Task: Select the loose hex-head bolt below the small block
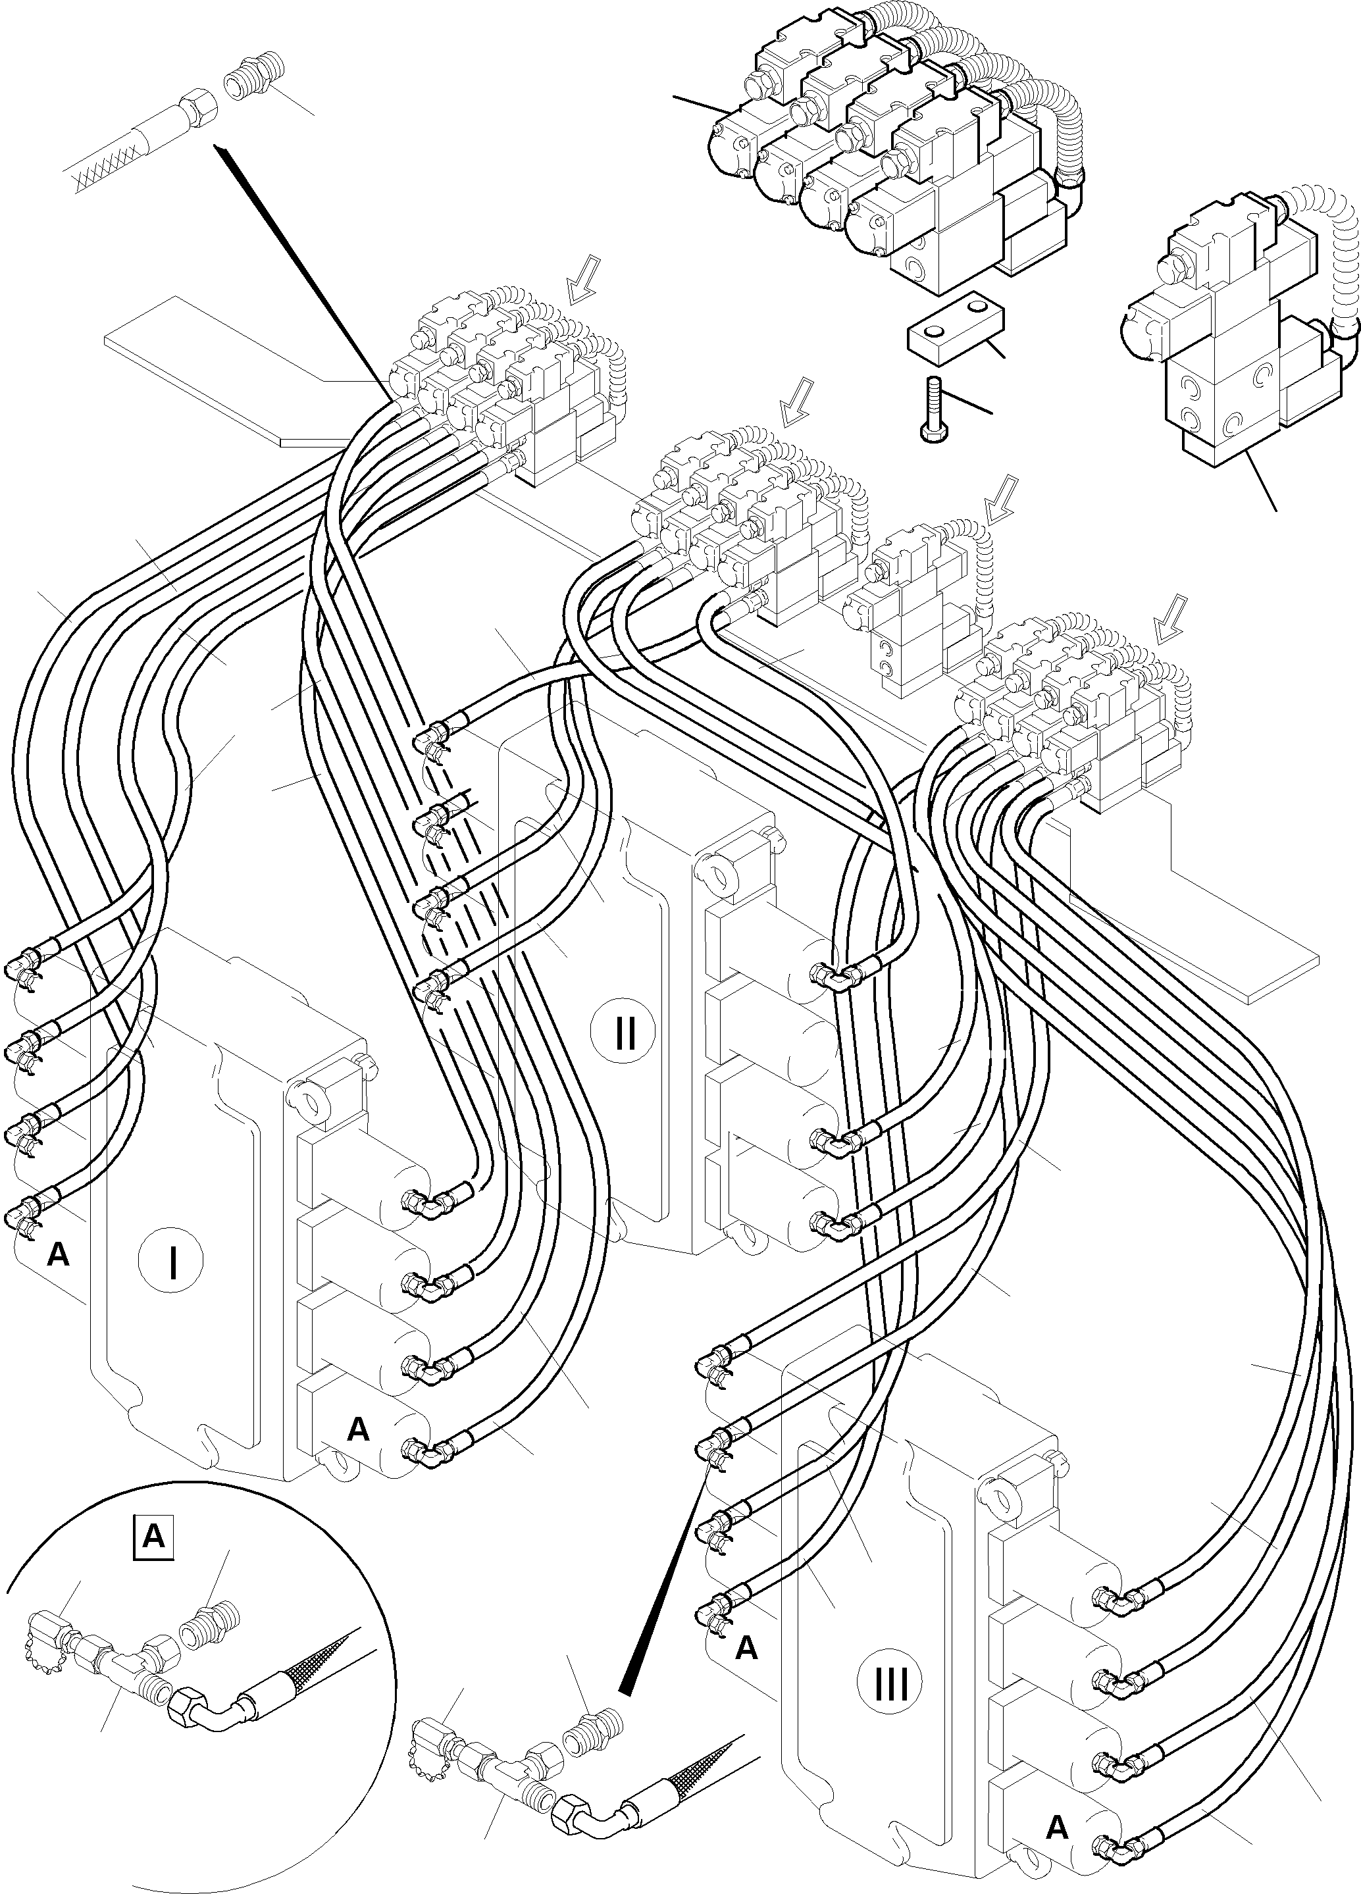(932, 407)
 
